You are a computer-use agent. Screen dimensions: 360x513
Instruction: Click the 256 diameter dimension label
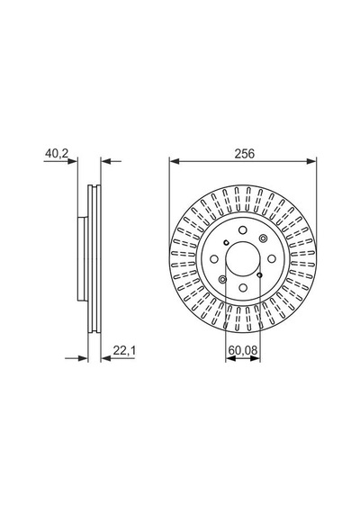point(245,153)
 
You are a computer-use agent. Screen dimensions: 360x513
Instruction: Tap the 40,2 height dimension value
point(57,153)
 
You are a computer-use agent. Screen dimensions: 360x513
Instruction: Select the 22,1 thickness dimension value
point(124,350)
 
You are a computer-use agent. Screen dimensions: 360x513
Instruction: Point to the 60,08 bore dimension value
point(243,350)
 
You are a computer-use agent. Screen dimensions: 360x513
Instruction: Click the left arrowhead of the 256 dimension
point(175,161)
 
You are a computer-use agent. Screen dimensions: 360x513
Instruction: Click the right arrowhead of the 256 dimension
point(311,161)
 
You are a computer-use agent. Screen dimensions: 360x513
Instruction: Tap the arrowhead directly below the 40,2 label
point(73,161)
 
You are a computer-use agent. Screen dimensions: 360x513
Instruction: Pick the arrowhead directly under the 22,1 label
point(106,358)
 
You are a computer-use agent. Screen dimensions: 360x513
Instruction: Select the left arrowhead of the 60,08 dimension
point(230,358)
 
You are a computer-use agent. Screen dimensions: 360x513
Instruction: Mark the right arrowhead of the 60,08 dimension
point(256,358)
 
